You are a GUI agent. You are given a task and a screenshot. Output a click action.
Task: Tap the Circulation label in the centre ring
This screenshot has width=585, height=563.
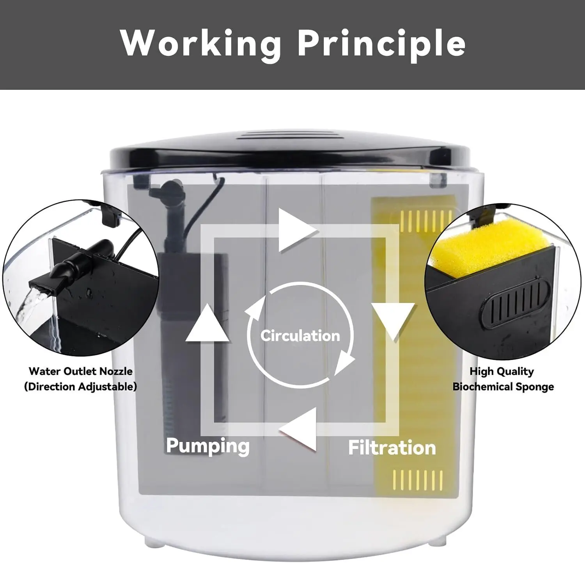[x=300, y=336]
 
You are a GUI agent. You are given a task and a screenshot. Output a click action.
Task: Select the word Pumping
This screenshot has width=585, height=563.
[x=207, y=445]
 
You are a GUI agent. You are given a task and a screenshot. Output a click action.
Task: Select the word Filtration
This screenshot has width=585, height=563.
[x=392, y=448]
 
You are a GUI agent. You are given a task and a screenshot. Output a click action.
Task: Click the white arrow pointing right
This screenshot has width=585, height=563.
[x=297, y=231]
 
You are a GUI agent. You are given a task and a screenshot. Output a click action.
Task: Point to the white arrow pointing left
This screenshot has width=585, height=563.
[x=297, y=429]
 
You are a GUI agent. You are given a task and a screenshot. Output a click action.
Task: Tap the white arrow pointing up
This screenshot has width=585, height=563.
[x=207, y=322]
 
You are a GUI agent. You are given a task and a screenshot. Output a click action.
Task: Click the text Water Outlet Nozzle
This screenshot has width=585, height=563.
[x=81, y=371]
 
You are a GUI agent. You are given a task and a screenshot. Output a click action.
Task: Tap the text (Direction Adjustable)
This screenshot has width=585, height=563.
[x=81, y=387]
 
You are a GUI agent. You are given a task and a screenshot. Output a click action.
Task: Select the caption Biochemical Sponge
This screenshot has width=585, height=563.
[x=503, y=387]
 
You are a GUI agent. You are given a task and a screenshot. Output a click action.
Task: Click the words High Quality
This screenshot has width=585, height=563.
[x=502, y=371]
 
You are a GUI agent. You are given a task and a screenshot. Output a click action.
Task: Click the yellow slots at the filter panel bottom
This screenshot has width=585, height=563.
[x=418, y=480]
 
